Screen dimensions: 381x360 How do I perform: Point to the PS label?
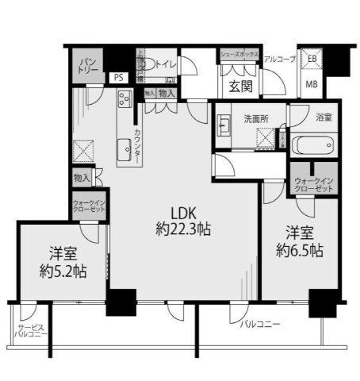pos(118,77)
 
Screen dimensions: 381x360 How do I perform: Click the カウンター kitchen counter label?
pos(137,146)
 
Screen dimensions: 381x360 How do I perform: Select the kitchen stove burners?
pos(125,100)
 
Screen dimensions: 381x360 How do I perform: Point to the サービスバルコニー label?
pos(31,331)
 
